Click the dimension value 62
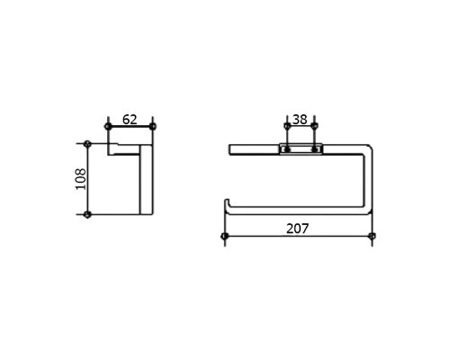(x=130, y=120)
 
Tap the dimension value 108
(x=81, y=179)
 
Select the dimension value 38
(x=300, y=120)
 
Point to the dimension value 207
(x=297, y=229)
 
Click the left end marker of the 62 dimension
(x=108, y=126)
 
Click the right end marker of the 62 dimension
(x=153, y=126)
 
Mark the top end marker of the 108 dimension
(x=87, y=144)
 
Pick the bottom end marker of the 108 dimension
(x=87, y=214)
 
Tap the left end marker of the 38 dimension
(x=287, y=126)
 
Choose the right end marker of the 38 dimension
(x=314, y=126)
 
